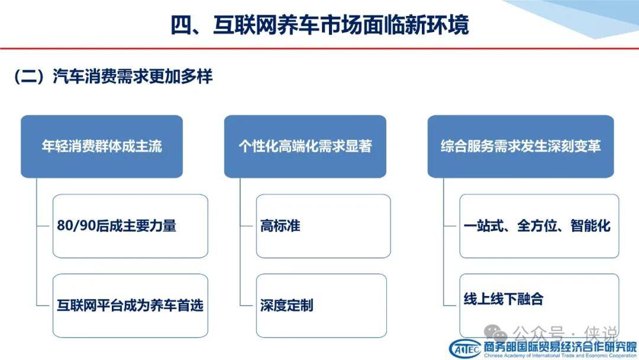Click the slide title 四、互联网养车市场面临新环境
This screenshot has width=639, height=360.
click(320, 24)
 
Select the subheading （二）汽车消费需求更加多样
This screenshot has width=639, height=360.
click(113, 76)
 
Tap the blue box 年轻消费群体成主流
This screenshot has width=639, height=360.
click(102, 146)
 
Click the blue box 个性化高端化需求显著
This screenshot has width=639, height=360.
click(305, 146)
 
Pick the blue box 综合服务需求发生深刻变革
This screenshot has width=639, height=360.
click(521, 146)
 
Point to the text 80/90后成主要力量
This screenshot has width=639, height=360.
click(117, 226)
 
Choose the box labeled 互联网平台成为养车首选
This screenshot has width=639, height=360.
click(130, 306)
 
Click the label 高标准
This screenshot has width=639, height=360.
click(280, 226)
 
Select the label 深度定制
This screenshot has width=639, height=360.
click(287, 306)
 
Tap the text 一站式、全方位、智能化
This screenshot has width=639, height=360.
click(537, 226)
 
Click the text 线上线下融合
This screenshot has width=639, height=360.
click(504, 299)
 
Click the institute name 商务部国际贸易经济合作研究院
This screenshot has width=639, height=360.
click(560, 347)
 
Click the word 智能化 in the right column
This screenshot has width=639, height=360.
click(590, 226)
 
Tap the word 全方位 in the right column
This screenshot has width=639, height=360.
click(537, 226)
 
